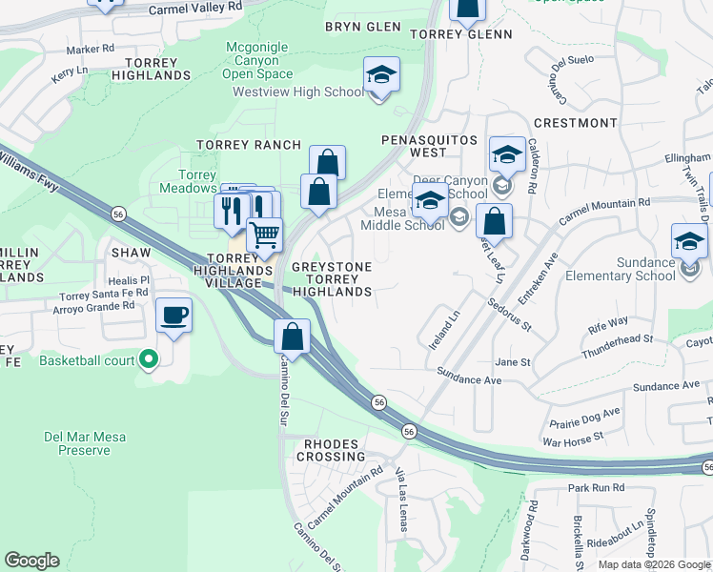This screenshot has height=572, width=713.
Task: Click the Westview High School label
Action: pyautogui.click(x=298, y=92)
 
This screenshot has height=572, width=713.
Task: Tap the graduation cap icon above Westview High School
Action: pyautogui.click(x=381, y=75)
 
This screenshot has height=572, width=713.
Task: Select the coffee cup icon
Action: pyautogui.click(x=173, y=315)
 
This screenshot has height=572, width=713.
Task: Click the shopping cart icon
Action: pyautogui.click(x=264, y=234)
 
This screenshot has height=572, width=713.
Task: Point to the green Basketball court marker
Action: pyautogui.click(x=148, y=359)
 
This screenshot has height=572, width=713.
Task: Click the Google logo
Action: pyautogui.click(x=31, y=561)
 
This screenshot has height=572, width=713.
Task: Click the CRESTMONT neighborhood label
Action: pyautogui.click(x=575, y=123)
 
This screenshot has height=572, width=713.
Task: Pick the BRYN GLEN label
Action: pyautogui.click(x=363, y=27)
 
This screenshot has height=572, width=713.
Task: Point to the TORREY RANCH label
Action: pyautogui.click(x=248, y=145)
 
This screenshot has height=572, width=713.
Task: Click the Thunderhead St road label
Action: pyautogui.click(x=620, y=345)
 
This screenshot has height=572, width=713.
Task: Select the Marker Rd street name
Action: pyautogui.click(x=91, y=49)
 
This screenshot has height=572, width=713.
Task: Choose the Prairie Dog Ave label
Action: pyautogui.click(x=584, y=419)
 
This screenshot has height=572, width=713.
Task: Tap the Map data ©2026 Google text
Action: pyautogui.click(x=655, y=564)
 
